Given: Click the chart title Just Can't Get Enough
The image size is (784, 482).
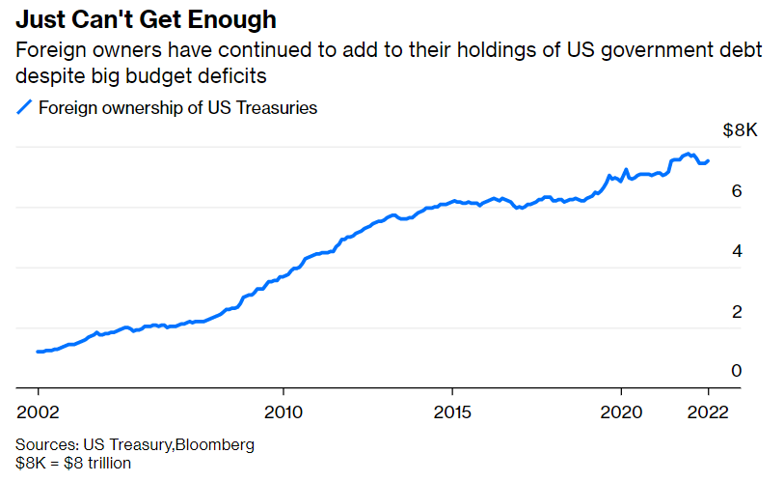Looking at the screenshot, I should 139,18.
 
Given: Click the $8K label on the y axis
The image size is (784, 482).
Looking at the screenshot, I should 740,131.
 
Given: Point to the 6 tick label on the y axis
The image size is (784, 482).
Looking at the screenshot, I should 736,191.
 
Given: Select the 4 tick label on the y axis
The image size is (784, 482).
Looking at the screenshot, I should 736,251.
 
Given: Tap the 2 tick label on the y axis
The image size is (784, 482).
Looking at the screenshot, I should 736,311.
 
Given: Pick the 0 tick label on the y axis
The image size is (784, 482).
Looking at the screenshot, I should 736,371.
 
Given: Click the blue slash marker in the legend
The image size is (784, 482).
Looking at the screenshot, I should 25,108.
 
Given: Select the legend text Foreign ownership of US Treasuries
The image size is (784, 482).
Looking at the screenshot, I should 177,108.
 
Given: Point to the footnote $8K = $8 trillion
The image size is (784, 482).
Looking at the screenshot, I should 73,463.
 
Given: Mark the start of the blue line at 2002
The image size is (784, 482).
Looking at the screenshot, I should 38,352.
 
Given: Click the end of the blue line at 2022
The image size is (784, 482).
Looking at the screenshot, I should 709,160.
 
